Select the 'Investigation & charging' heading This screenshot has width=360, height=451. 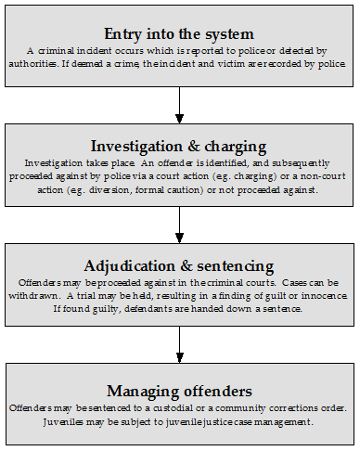click(180, 146)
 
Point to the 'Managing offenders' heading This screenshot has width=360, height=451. click(180, 391)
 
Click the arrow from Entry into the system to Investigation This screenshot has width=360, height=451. click(180, 105)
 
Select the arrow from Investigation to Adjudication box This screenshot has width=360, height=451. click(180, 224)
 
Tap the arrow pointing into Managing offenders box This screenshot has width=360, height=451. click(180, 342)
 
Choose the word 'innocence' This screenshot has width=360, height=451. click(320, 294)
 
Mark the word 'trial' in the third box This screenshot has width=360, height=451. click(86, 294)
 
